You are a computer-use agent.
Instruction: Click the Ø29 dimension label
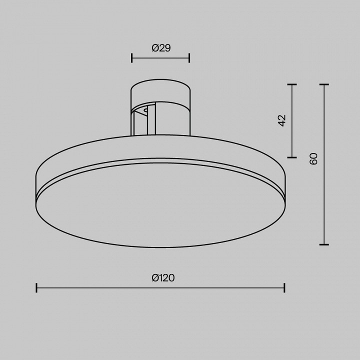(160, 48)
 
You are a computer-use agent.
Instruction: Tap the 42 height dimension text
(281, 120)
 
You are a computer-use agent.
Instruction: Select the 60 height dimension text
(313, 159)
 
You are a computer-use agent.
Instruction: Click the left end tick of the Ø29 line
(131, 57)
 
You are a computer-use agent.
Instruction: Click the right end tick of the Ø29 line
(189, 57)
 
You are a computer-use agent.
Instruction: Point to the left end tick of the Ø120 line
(37, 287)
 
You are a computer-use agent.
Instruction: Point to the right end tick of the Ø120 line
(284, 287)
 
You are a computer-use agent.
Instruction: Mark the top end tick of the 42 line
(292, 84)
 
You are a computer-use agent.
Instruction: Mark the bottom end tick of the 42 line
(292, 156)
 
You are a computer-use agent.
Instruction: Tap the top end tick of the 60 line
(324, 84)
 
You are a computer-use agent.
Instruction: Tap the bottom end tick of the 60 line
(324, 244)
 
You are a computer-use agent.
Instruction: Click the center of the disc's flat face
(160, 205)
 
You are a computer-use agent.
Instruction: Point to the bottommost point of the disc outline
(160, 247)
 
